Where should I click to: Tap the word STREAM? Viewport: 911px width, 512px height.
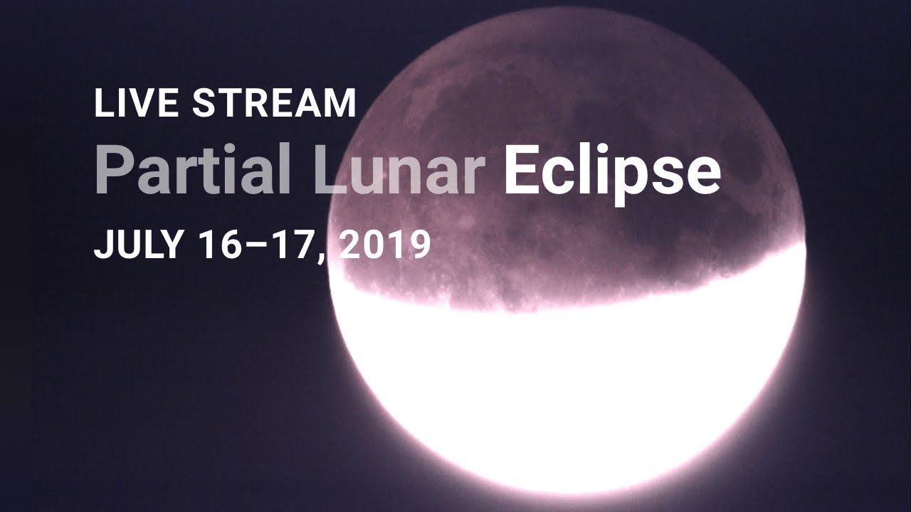coord(275,103)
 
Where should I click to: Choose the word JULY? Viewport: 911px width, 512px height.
coord(138,245)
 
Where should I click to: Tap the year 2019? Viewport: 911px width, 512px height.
coord(385,245)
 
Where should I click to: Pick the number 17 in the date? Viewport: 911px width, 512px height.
coord(293,245)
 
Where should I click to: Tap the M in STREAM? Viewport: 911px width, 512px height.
coord(340,103)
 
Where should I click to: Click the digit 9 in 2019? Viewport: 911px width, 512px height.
coord(421,245)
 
